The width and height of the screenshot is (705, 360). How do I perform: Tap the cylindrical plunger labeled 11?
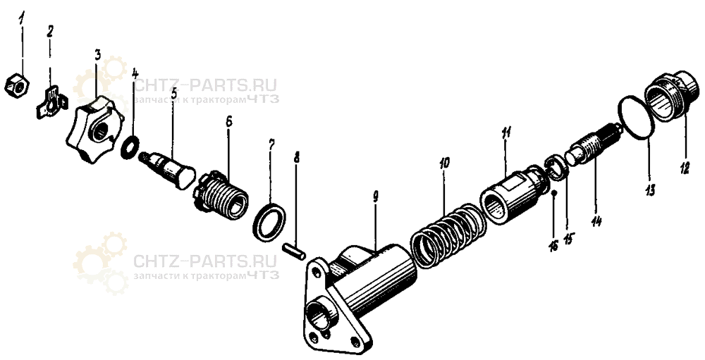point(513,194)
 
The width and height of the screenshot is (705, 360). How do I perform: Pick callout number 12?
point(684,165)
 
